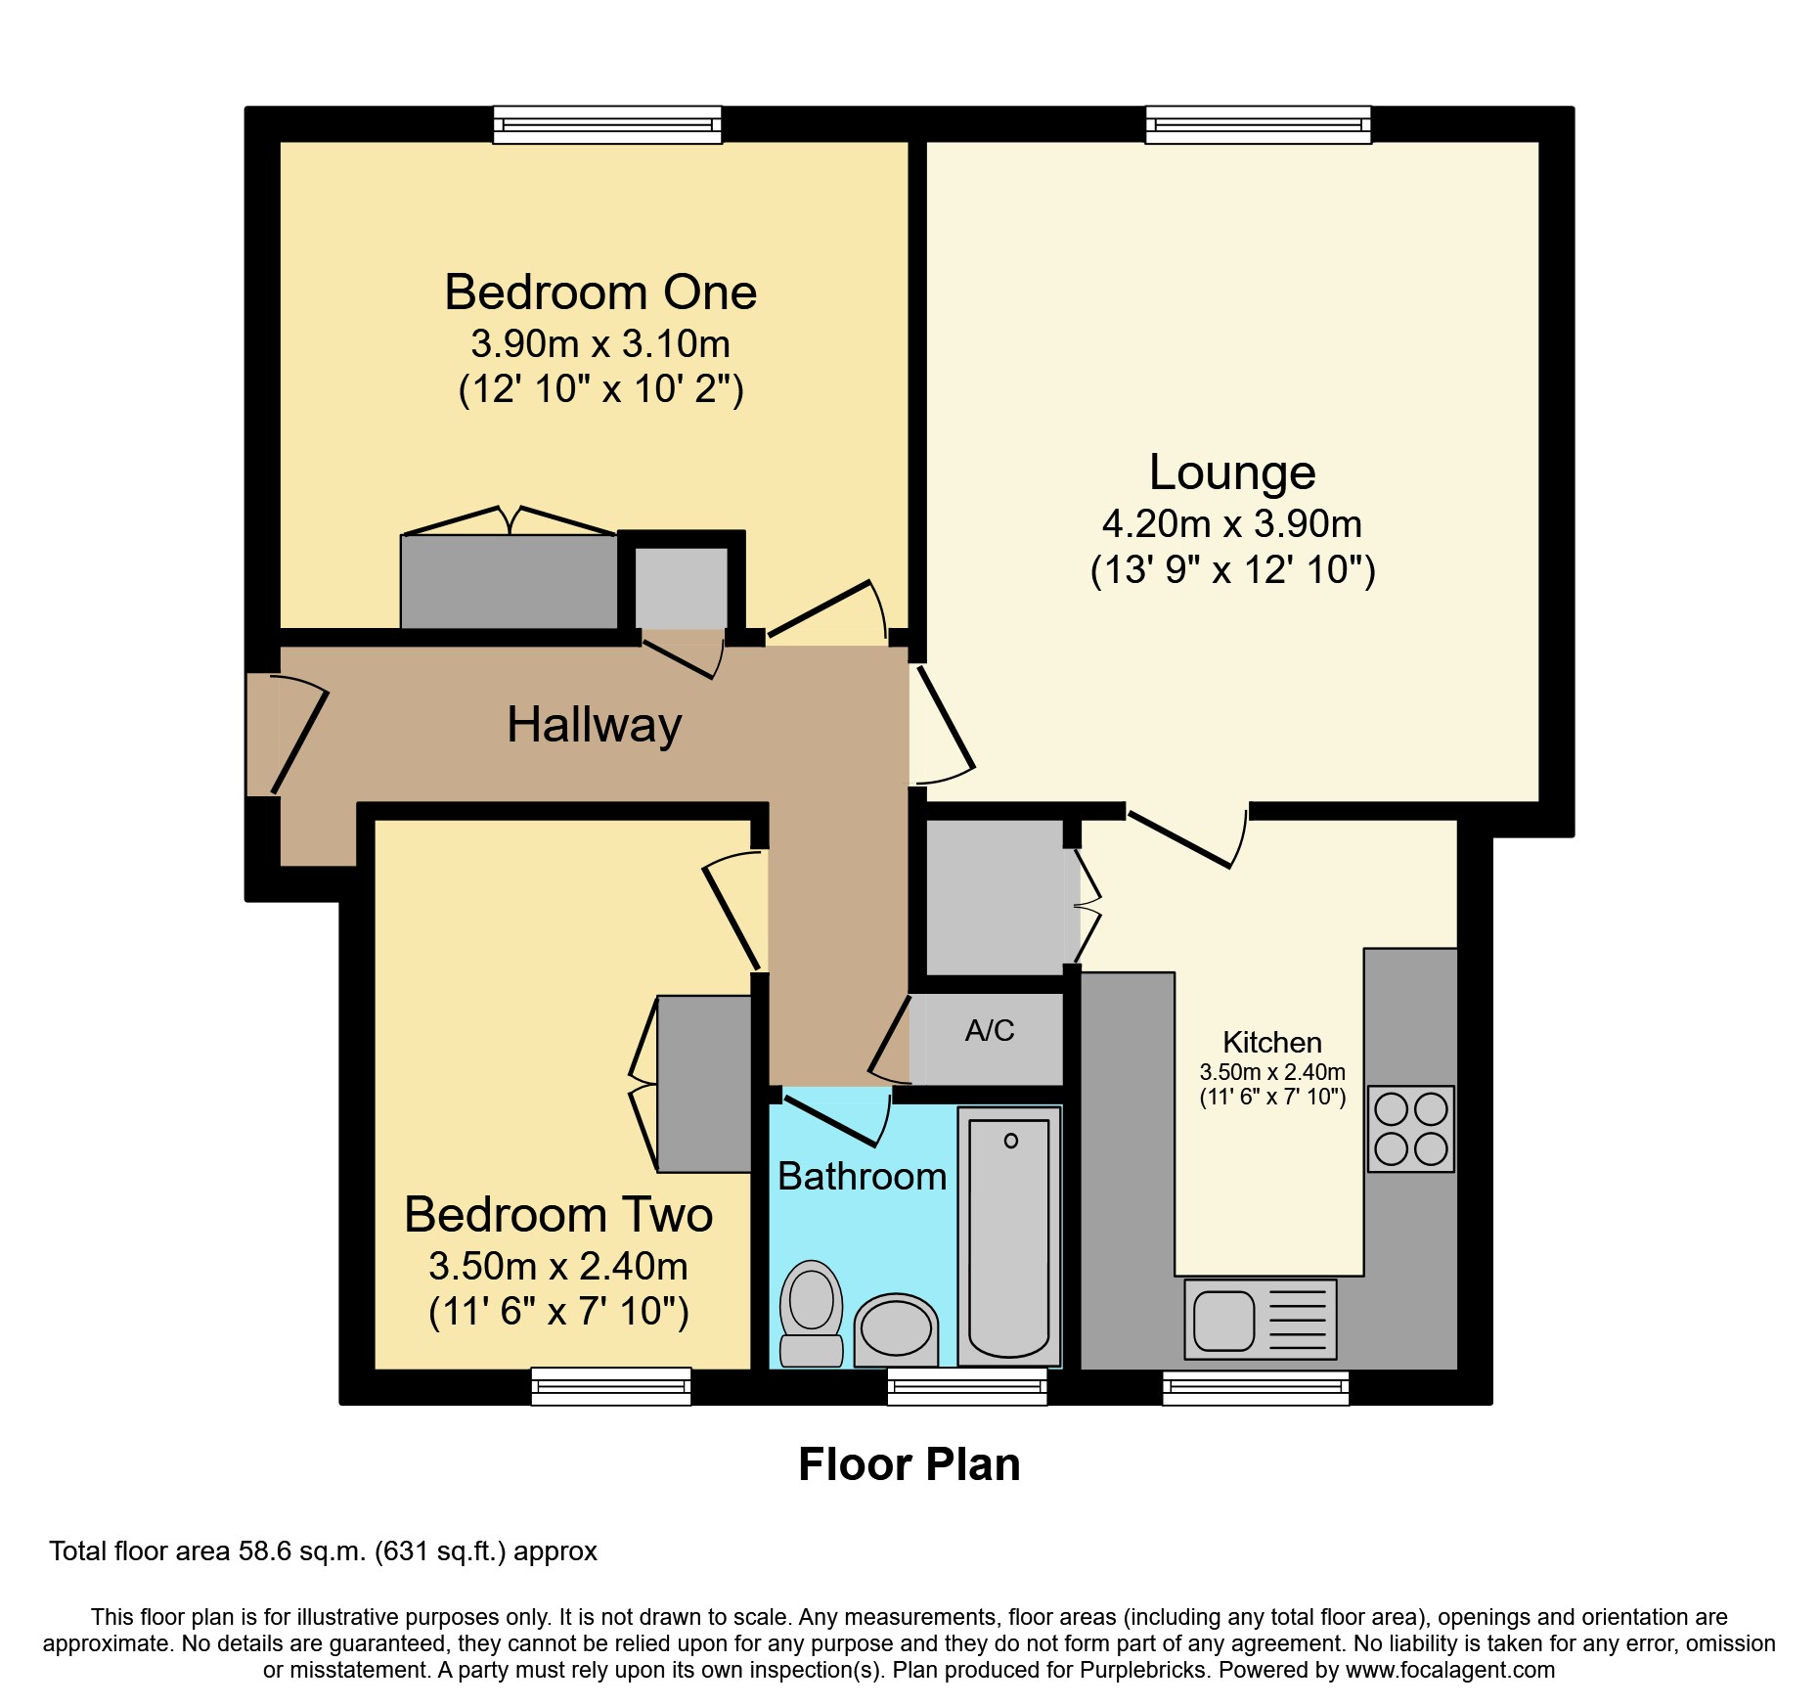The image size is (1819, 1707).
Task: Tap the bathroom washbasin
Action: [896, 1330]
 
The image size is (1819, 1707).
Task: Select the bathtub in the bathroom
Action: [1009, 1236]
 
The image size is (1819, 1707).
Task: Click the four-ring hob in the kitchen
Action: [1410, 1129]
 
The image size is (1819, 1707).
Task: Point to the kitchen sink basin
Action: [1223, 1320]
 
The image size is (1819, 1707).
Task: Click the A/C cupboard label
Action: [990, 1030]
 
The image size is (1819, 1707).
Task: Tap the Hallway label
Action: [595, 726]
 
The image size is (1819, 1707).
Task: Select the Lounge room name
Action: [1232, 472]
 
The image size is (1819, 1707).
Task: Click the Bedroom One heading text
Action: [600, 292]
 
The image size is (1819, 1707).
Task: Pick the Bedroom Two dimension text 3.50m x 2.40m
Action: [558, 1266]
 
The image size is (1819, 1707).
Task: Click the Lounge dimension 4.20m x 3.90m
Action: [1232, 524]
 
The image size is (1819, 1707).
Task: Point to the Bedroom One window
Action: [607, 125]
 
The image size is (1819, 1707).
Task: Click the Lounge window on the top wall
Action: [1259, 125]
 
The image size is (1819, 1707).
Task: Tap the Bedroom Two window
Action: [611, 1386]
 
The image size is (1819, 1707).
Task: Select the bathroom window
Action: [967, 1386]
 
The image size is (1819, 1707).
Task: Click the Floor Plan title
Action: [909, 1464]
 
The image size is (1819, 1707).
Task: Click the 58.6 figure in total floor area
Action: [266, 1551]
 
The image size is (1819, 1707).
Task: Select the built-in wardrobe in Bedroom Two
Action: [704, 1083]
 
